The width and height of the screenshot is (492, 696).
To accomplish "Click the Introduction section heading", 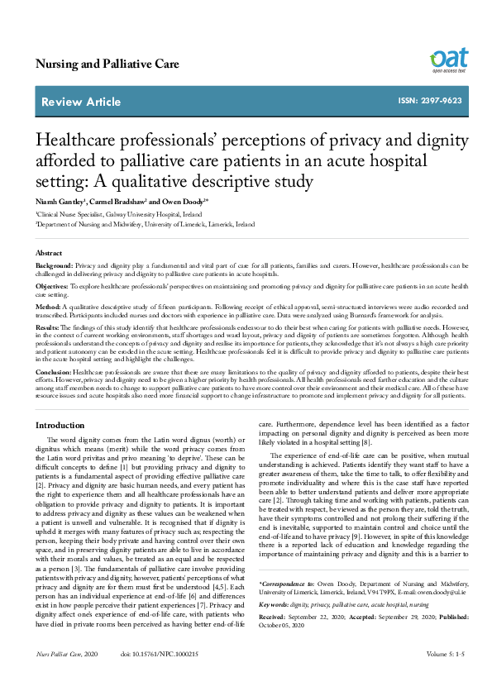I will point(60,426).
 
